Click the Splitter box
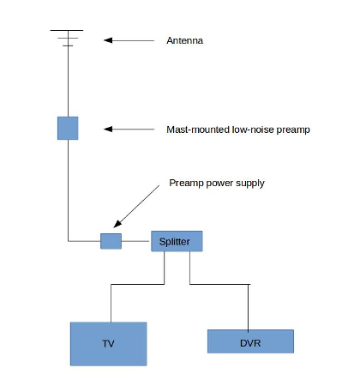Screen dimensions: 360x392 point(177,241)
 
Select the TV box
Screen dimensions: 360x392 point(109,344)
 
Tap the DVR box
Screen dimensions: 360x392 point(250,341)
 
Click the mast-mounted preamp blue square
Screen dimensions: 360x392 point(68,128)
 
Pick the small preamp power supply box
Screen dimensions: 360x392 point(111,241)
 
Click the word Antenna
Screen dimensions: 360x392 point(185,40)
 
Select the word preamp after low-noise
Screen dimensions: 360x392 point(293,130)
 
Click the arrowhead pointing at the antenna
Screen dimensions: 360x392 point(108,40)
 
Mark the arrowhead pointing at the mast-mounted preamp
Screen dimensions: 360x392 point(108,130)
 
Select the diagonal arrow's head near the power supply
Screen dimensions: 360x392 point(117,224)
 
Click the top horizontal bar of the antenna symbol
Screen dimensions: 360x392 point(67,30)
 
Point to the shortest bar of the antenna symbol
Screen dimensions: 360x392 point(68,45)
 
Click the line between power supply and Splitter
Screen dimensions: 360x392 point(135,241)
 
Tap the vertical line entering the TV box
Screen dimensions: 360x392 point(111,303)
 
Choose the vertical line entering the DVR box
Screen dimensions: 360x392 point(248,308)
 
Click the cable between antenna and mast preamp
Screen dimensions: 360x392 point(68,81)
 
